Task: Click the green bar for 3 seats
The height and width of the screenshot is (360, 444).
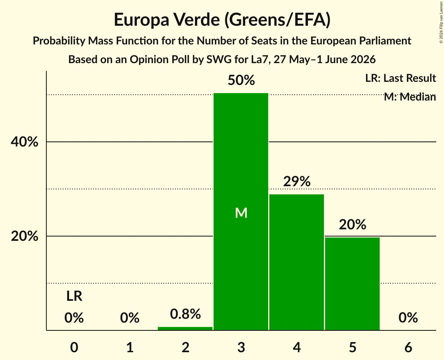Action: coord(241,212)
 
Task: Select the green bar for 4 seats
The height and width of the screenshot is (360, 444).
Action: coord(297,262)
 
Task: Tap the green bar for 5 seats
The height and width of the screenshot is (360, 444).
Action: coord(352,284)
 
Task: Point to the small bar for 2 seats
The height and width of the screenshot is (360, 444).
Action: coord(185,328)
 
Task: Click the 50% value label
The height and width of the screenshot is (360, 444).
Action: coord(241,80)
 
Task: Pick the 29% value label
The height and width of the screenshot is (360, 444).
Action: coord(297,181)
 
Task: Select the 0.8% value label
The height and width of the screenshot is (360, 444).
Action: coord(186,314)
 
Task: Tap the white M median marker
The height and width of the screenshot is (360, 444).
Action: coord(241,213)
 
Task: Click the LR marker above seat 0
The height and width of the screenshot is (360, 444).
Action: coord(74,296)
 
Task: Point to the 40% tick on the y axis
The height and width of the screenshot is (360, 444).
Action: coord(24,141)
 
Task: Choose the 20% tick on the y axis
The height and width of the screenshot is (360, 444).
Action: coord(24,236)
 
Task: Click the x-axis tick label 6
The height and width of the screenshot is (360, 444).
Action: coord(408,347)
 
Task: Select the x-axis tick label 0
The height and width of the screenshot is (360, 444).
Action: coord(74,347)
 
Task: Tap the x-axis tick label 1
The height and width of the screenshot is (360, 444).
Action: coord(130,347)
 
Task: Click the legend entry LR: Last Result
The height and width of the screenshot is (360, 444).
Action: coord(400,78)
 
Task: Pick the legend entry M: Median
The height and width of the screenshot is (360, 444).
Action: coord(410,97)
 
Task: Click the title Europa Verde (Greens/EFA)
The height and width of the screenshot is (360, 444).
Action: coord(222,20)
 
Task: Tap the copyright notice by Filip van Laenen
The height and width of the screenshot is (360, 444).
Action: coord(441,22)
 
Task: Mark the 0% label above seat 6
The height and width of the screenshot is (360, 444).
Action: coord(408,318)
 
